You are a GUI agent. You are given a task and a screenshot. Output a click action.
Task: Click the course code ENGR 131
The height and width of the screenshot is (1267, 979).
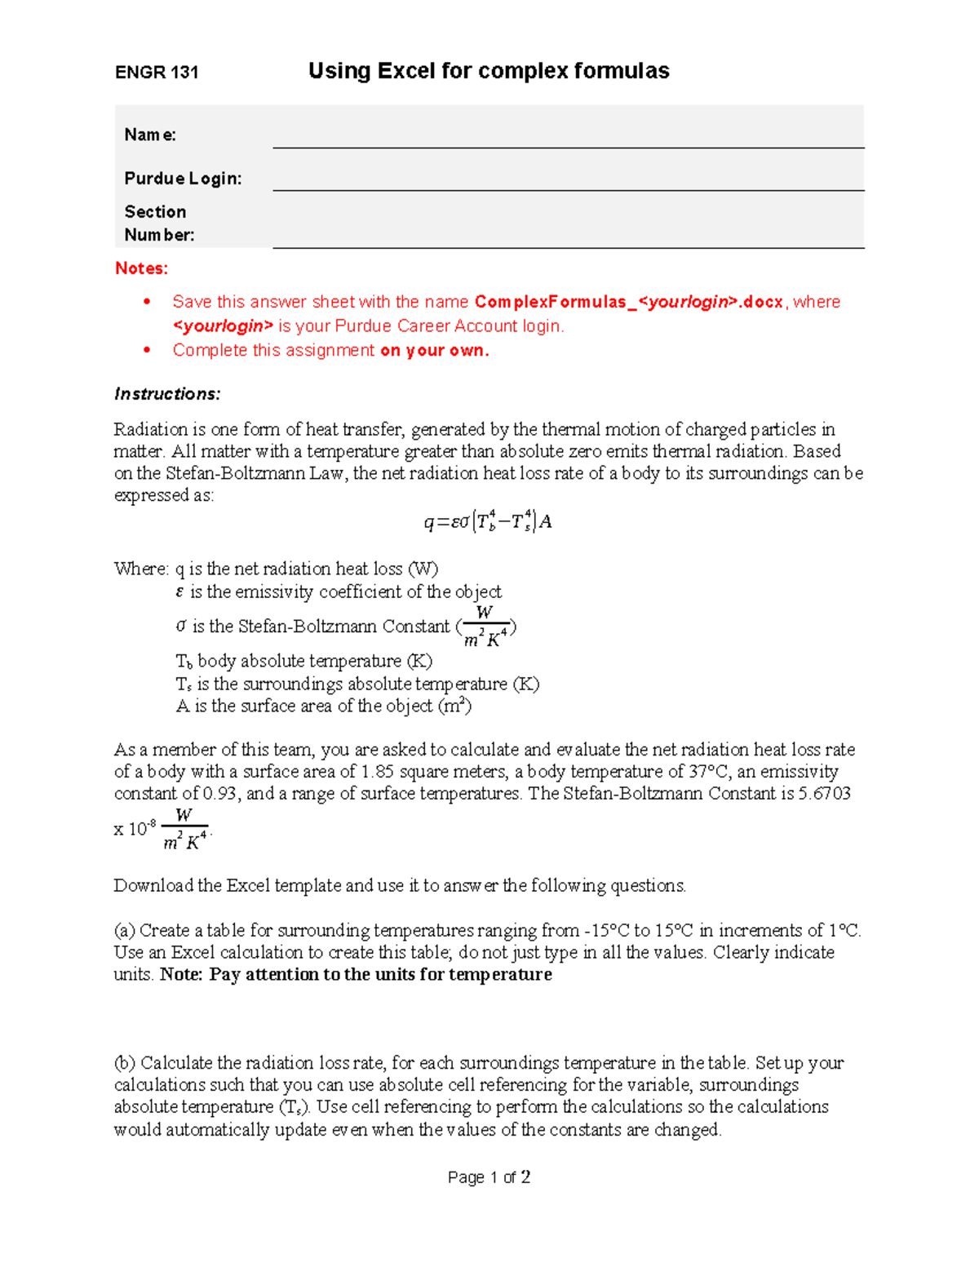click(x=157, y=73)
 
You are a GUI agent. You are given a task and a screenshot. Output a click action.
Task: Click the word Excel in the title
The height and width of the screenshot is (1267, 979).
click(x=405, y=71)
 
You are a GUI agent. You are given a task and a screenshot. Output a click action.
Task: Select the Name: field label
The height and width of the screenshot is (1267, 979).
click(x=150, y=135)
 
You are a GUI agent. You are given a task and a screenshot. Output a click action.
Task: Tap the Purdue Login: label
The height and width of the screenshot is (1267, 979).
click(x=183, y=179)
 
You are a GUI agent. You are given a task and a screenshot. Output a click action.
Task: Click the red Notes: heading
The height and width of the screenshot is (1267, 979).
click(x=142, y=268)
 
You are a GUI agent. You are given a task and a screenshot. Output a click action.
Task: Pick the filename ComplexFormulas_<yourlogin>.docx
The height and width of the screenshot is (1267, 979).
click(x=628, y=302)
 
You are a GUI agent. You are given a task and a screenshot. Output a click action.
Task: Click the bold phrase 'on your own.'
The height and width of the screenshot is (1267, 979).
click(x=434, y=351)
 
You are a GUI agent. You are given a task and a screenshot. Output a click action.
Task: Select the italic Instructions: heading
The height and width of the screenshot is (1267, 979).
click(x=167, y=394)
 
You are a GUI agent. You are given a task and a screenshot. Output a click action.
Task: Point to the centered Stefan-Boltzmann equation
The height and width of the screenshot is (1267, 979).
click(x=488, y=521)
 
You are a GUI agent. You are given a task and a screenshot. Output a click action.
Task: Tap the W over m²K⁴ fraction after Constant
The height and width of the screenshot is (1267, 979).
click(x=486, y=627)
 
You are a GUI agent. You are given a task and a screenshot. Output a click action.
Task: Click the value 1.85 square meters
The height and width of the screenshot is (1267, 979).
click(x=379, y=772)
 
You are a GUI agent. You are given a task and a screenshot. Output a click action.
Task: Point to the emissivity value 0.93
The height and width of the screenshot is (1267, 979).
click(x=220, y=794)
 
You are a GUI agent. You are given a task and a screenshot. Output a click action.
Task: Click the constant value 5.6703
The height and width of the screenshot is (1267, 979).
click(x=824, y=794)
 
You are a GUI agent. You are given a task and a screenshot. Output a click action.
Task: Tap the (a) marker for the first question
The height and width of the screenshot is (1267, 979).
click(x=125, y=931)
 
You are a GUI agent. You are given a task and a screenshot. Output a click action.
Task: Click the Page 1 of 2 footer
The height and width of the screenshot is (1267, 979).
click(x=489, y=1177)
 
